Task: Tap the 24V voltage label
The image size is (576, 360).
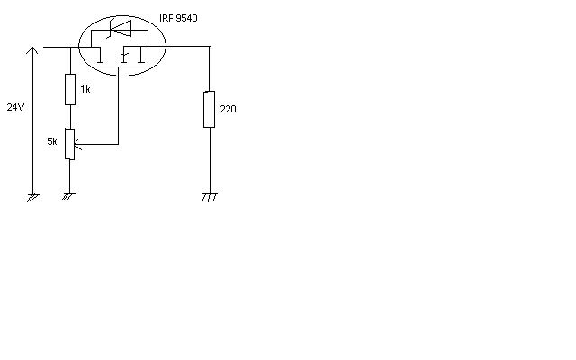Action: coord(15,107)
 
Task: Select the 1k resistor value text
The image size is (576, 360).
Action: coord(85,90)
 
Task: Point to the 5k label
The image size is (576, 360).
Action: coord(52,141)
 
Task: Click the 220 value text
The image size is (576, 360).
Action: coord(228,109)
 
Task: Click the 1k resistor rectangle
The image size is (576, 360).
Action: coord(69,90)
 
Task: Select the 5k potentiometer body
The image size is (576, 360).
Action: coord(69,144)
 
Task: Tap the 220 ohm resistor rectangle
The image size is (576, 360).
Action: coord(209,109)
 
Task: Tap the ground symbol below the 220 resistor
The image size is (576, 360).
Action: coord(209,195)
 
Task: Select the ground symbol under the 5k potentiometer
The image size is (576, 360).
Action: coord(68,195)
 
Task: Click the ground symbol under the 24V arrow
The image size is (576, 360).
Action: coord(33,195)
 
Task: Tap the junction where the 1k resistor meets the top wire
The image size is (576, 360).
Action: coord(69,47)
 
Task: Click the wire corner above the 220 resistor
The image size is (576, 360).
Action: coord(209,47)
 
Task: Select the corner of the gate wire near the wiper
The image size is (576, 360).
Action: coord(118,144)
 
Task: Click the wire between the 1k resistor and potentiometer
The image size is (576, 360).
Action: coord(69,117)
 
